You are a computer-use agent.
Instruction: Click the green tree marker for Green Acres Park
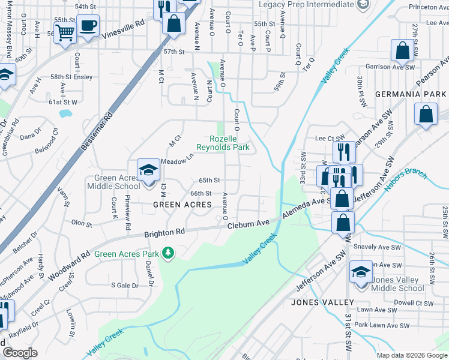point(169,254)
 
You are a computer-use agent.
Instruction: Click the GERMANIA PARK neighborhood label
point(411,95)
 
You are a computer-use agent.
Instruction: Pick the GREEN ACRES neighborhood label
point(182,205)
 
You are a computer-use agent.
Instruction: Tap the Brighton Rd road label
point(164,232)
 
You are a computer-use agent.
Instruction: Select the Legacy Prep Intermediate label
point(307,5)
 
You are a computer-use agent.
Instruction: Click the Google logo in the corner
point(20,353)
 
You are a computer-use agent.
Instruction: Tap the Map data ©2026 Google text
point(411,355)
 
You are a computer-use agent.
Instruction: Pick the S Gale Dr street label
point(124,286)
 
